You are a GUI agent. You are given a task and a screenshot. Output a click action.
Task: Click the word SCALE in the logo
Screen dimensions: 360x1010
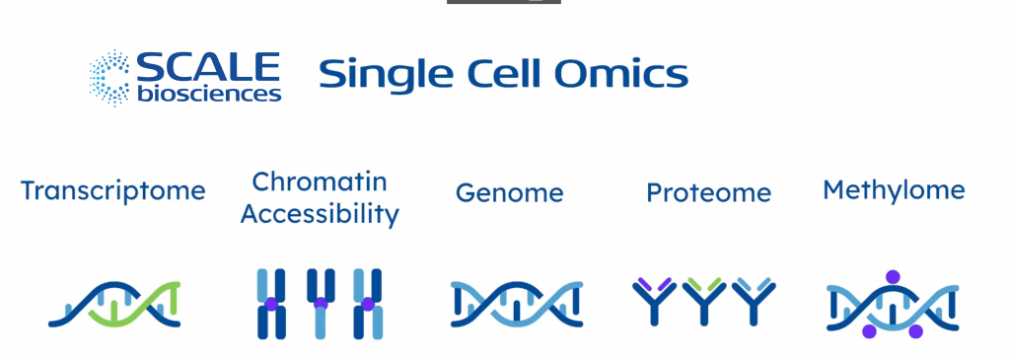coord(208,68)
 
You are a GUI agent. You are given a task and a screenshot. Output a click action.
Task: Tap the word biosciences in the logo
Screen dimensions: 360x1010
coord(208,95)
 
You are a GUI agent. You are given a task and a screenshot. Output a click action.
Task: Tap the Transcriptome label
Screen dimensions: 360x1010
coord(113,189)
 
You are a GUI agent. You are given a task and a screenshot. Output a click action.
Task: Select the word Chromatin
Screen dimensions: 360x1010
coord(320,181)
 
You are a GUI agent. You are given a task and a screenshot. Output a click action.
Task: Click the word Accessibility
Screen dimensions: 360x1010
coord(320,214)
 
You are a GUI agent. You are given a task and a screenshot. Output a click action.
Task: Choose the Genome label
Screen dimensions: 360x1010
coord(509,192)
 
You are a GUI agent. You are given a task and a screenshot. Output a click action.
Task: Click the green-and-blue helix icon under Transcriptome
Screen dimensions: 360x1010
coord(115,304)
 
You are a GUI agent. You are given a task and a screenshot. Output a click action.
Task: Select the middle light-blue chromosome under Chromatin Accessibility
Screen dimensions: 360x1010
coord(321,304)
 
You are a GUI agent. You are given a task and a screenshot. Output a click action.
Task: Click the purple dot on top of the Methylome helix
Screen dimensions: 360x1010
coord(893,277)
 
